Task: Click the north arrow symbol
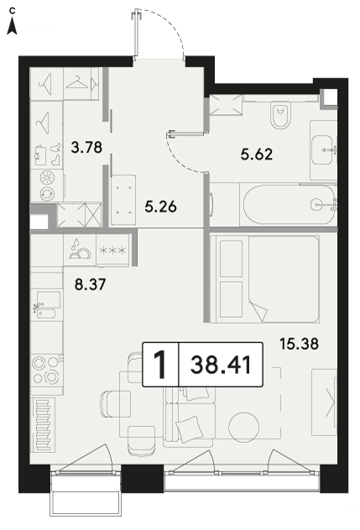click(x=13, y=26)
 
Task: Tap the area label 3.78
click(x=87, y=148)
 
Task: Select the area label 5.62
click(x=257, y=154)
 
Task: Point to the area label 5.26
click(x=161, y=206)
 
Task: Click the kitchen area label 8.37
click(x=91, y=284)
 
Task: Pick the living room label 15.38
click(x=300, y=344)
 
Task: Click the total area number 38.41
click(x=221, y=365)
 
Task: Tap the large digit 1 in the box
click(x=160, y=365)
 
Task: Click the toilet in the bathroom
click(x=281, y=116)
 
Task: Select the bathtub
click(x=290, y=204)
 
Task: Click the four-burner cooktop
click(x=46, y=370)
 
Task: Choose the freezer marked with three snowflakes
click(x=112, y=251)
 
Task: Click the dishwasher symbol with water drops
click(x=81, y=251)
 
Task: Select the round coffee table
click(x=243, y=427)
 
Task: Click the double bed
click(x=264, y=279)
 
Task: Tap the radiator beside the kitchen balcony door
click(x=43, y=424)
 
